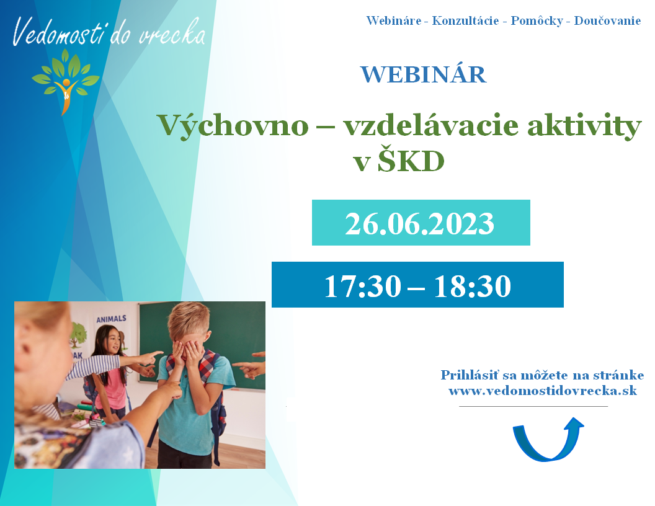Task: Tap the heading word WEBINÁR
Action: pyautogui.click(x=424, y=75)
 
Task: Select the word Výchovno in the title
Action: pyautogui.click(x=233, y=125)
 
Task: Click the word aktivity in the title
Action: pyautogui.click(x=584, y=125)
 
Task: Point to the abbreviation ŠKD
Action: pyautogui.click(x=411, y=161)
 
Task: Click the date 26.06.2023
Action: pyautogui.click(x=420, y=223)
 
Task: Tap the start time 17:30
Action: pyautogui.click(x=363, y=286)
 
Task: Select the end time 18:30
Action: pyautogui.click(x=473, y=286)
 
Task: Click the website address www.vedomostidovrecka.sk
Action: pyautogui.click(x=543, y=391)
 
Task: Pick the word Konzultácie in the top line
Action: pyautogui.click(x=465, y=20)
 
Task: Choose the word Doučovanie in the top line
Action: pyautogui.click(x=607, y=20)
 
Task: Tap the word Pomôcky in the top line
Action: pyautogui.click(x=537, y=20)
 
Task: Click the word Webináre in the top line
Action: pyautogui.click(x=394, y=20)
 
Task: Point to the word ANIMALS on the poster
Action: pyautogui.click(x=111, y=319)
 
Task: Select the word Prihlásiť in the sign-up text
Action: pyautogui.click(x=470, y=375)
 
